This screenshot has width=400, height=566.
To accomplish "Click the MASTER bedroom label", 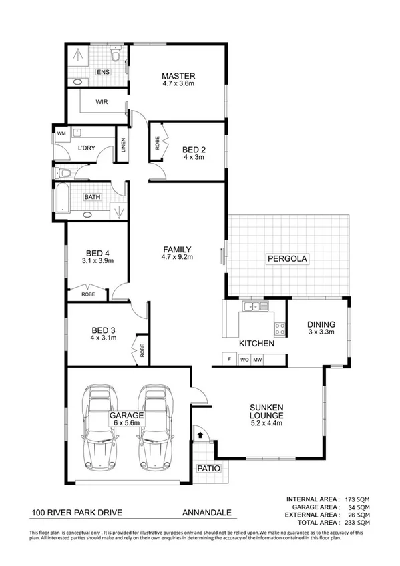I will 178,76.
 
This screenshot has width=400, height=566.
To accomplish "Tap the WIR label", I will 102,102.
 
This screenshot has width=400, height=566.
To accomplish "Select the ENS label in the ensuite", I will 103,72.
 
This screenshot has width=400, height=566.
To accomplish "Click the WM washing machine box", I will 62,134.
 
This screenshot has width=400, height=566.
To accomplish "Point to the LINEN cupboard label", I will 123,146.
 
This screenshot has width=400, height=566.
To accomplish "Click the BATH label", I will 92,197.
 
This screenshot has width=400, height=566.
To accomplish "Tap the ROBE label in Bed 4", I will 88,294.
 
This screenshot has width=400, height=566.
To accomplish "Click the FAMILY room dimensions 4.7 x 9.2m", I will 177,257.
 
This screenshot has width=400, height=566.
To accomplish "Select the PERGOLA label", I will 287,258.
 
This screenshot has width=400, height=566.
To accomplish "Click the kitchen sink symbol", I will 256,306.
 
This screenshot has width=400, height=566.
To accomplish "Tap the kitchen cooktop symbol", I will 280,328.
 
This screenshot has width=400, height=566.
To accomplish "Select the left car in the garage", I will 99,427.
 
